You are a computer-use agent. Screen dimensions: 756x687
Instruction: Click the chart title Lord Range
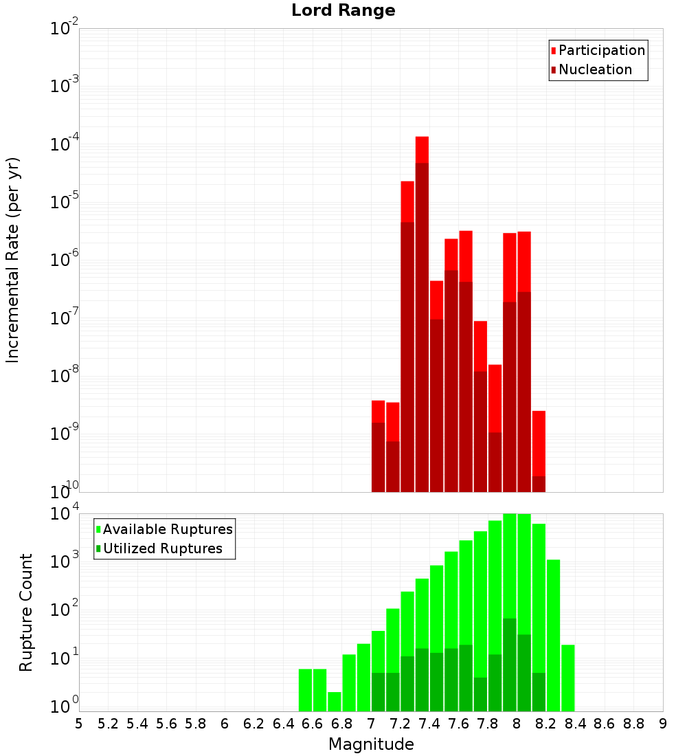tap(343, 11)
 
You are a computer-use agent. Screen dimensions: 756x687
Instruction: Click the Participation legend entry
tap(601, 51)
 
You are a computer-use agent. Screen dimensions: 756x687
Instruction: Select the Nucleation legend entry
tap(595, 70)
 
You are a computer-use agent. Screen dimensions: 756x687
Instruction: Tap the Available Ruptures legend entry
tap(167, 529)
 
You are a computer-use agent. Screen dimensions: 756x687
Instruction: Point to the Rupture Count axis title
tap(26, 612)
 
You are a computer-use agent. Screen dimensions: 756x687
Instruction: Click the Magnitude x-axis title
tap(371, 744)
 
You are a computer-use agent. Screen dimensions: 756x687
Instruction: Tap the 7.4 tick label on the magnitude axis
tap(429, 724)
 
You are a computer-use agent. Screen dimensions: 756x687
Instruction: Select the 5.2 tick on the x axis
tap(108, 724)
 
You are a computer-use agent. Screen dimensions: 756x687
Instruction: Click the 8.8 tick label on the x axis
tap(633, 724)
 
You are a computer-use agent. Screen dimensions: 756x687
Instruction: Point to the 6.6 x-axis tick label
tap(313, 724)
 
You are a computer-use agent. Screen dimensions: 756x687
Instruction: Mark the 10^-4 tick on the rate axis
tap(65, 145)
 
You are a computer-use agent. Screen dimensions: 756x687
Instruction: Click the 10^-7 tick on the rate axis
tap(65, 318)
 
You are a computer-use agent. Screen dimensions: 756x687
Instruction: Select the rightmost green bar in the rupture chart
tap(567, 677)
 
